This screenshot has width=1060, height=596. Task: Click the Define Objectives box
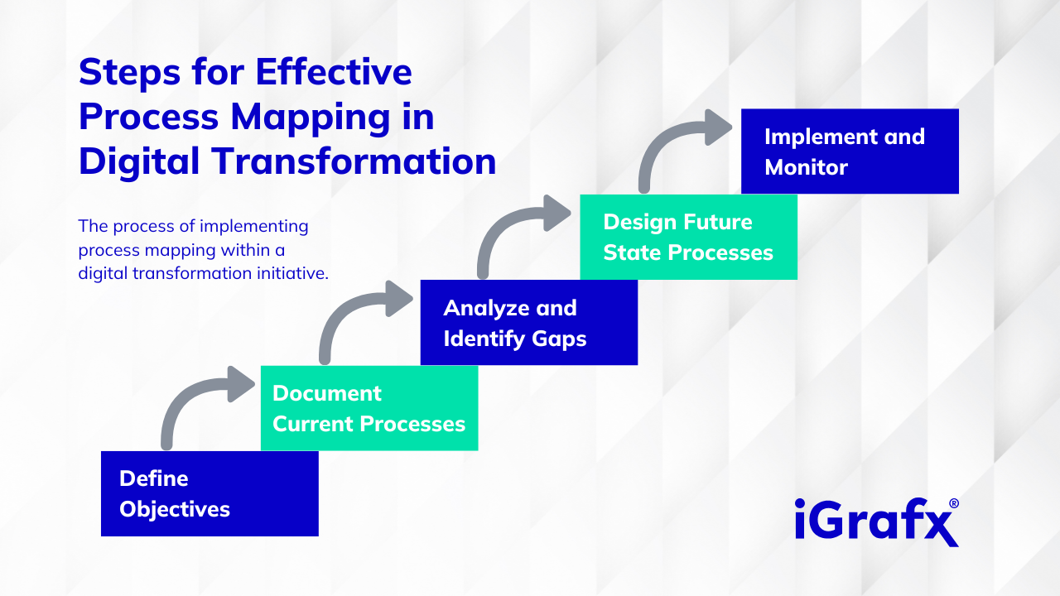(x=210, y=493)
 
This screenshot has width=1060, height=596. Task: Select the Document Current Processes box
(x=369, y=408)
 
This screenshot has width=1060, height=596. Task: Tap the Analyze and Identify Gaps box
(x=528, y=323)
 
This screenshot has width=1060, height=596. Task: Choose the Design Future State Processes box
(x=688, y=237)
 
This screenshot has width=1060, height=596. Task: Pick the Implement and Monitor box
(x=849, y=151)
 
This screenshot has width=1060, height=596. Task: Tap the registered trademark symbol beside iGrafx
(x=954, y=503)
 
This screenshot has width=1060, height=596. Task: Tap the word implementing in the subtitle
(x=250, y=226)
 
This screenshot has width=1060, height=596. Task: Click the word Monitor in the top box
(x=806, y=167)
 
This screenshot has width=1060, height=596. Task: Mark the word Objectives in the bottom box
(x=175, y=509)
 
